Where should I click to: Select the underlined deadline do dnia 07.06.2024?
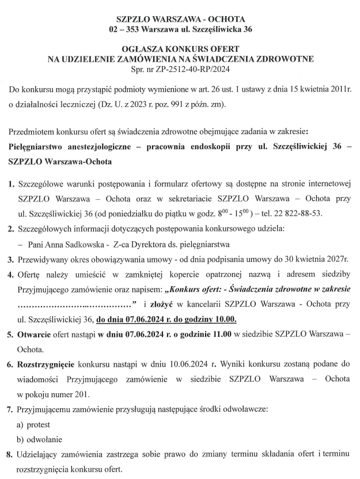click(137, 318)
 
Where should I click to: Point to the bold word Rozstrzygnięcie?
click(47, 364)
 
